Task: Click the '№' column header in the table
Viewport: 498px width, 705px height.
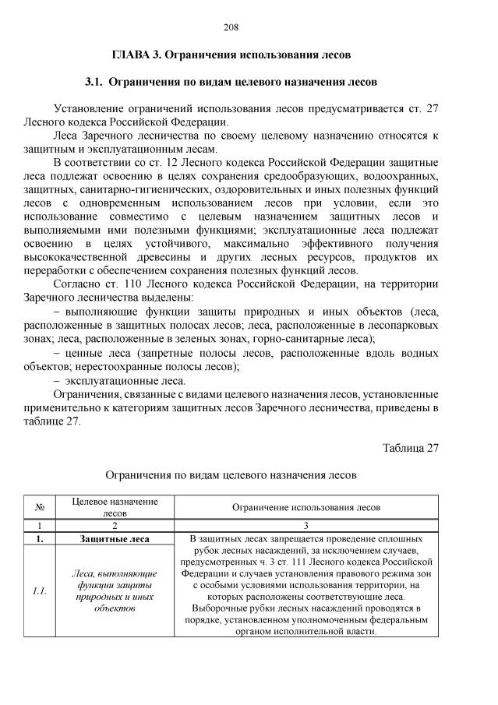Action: [x=39, y=507]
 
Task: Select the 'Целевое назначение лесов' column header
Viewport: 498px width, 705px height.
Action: [x=115, y=507]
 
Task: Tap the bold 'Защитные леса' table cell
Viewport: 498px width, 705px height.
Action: [x=115, y=538]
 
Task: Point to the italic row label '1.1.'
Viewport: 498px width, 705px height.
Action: [x=39, y=590]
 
